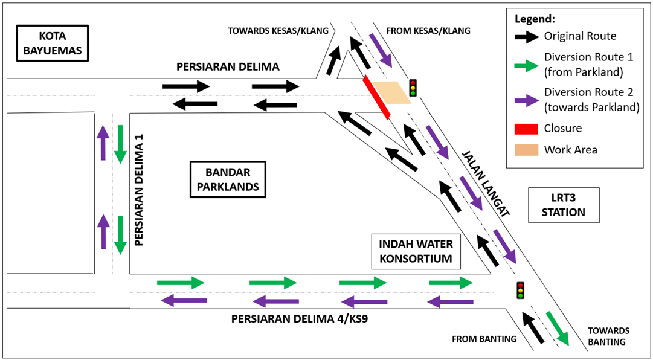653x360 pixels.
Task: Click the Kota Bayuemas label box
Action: click(x=53, y=43)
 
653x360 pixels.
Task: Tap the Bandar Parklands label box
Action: click(x=228, y=179)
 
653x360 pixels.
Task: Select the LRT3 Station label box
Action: click(x=563, y=205)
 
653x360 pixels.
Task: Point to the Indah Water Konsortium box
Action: click(x=416, y=251)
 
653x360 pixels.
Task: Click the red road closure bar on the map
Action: click(x=376, y=97)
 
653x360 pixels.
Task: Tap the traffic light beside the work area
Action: click(x=413, y=88)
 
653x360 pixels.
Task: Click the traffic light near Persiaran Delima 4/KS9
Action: click(x=520, y=291)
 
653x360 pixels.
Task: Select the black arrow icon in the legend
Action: click(x=526, y=36)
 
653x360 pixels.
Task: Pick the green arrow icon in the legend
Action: click(x=526, y=65)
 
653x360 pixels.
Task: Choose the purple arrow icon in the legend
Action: click(x=526, y=100)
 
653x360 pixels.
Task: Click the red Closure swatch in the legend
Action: click(x=526, y=128)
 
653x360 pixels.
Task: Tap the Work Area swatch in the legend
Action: click(x=526, y=150)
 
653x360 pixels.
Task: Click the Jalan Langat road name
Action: click(x=487, y=184)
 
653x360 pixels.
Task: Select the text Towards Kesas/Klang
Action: click(x=278, y=31)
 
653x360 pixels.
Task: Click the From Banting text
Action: click(x=484, y=339)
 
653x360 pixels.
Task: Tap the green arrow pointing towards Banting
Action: click(x=557, y=329)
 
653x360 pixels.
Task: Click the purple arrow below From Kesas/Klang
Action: click(x=381, y=50)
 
